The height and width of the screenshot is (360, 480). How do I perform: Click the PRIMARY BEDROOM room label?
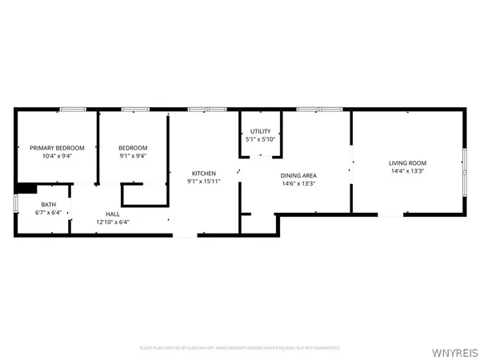pyautogui.click(x=52, y=147)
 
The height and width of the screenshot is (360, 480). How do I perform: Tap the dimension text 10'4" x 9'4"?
pyautogui.click(x=52, y=156)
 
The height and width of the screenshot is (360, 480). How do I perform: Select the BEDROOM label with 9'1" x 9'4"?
pyautogui.click(x=133, y=147)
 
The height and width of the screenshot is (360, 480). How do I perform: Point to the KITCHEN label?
pyautogui.click(x=202, y=173)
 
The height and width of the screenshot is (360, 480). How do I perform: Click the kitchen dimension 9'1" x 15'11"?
pyautogui.click(x=202, y=182)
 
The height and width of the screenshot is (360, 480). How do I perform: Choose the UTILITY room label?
pyautogui.click(x=260, y=131)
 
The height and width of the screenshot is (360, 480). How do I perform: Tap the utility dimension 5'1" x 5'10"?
pyautogui.click(x=260, y=140)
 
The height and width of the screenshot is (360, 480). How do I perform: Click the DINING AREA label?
pyautogui.click(x=298, y=175)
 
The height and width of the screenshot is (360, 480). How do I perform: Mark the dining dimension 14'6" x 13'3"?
pyautogui.click(x=298, y=184)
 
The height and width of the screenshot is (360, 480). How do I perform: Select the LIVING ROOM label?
pyautogui.click(x=408, y=162)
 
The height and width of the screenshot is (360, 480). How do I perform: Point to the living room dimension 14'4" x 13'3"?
pyautogui.click(x=408, y=171)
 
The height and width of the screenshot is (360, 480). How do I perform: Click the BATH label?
pyautogui.click(x=49, y=204)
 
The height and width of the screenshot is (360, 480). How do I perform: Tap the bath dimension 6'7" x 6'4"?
pyautogui.click(x=49, y=213)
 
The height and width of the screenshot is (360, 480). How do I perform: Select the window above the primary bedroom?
pyautogui.click(x=73, y=109)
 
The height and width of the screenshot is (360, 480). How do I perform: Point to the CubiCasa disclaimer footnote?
pyautogui.click(x=239, y=348)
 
